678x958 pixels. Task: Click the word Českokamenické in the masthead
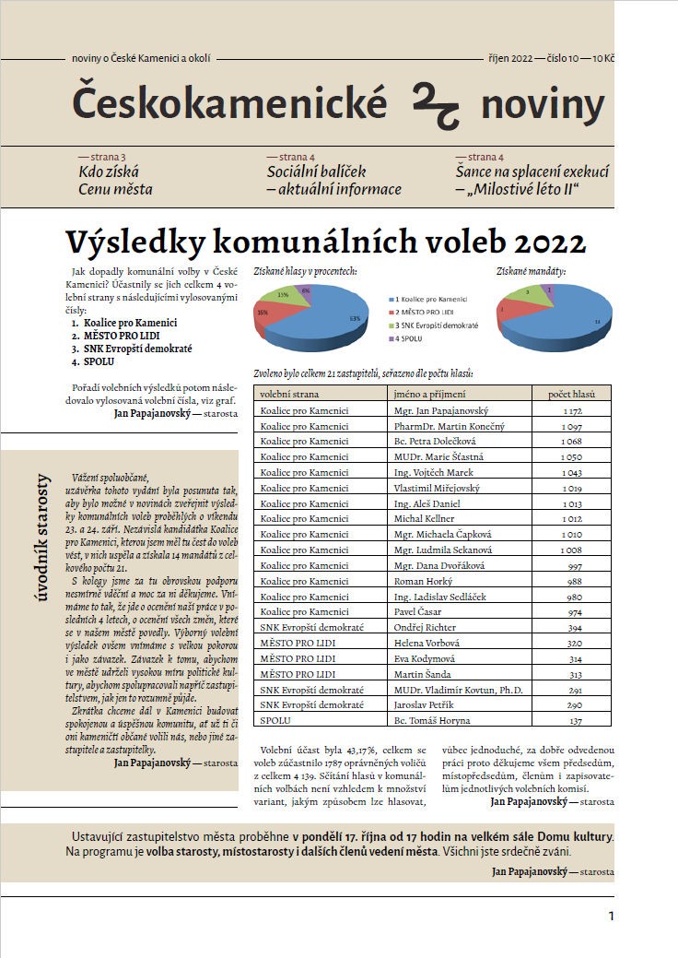[x=229, y=104]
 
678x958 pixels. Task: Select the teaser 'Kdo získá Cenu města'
[x=115, y=181]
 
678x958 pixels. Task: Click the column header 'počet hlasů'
[x=572, y=394]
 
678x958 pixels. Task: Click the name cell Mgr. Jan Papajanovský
[x=439, y=409]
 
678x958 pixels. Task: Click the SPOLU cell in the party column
[x=275, y=719]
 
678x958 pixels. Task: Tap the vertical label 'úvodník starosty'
[x=42, y=536]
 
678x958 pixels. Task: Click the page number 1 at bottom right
[x=611, y=917]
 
